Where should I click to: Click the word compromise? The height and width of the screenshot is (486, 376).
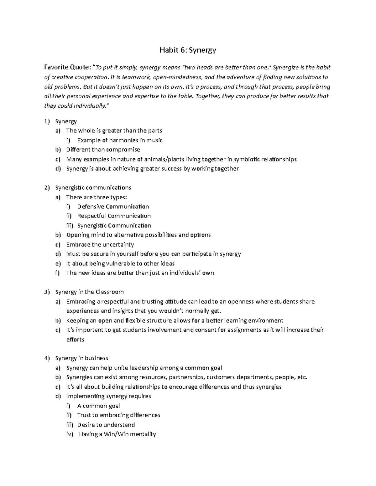click(123, 150)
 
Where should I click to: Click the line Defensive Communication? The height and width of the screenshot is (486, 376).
click(113, 207)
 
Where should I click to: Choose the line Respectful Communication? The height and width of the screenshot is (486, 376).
click(114, 216)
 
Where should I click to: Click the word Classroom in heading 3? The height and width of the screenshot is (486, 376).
click(109, 292)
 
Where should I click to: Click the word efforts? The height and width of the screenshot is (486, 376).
click(75, 340)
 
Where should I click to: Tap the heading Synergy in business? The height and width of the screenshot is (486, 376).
click(81, 358)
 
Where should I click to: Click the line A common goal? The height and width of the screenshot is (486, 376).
click(99, 406)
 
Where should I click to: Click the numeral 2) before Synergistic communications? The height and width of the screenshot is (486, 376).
click(47, 188)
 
